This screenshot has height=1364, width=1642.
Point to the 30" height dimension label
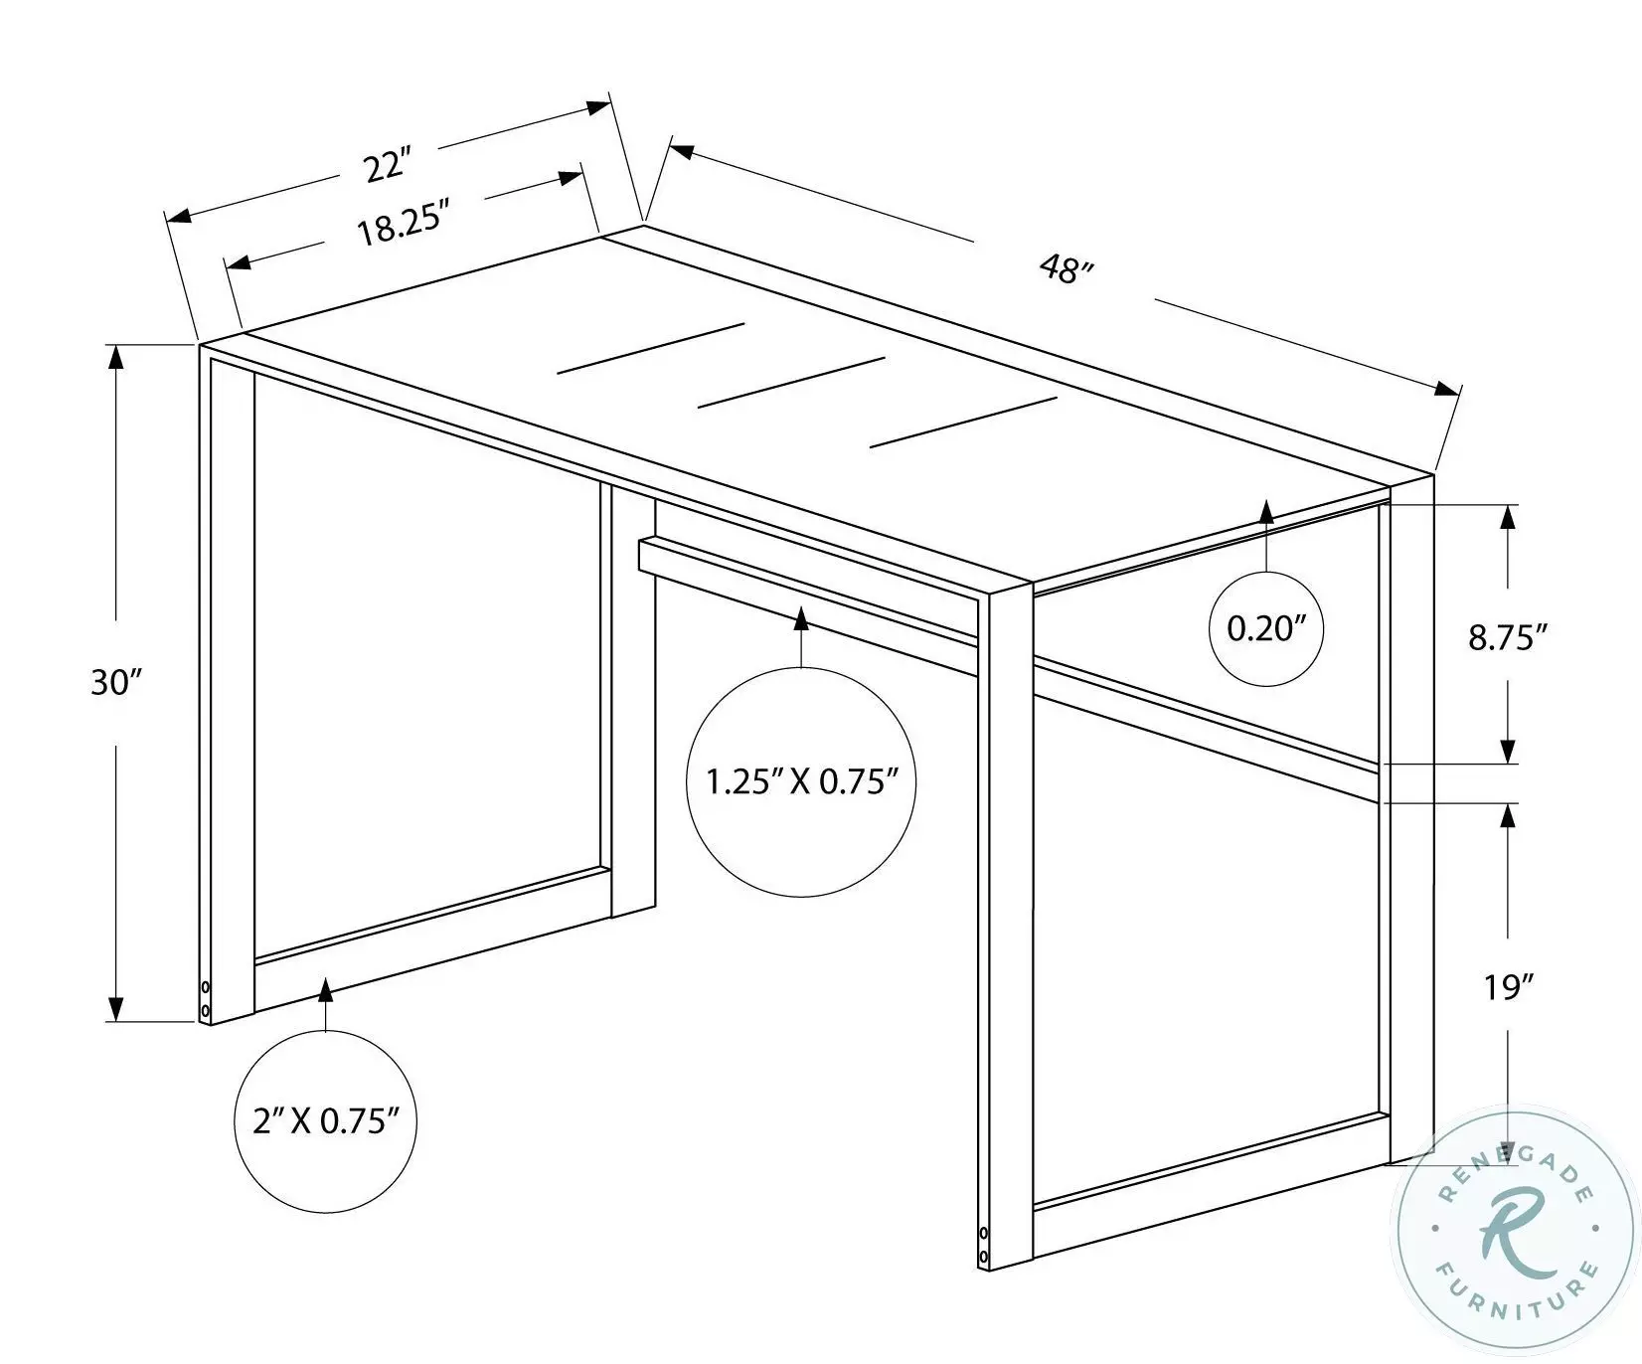point(117,683)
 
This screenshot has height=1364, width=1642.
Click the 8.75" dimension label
point(1508,637)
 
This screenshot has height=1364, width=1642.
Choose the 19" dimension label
point(1508,987)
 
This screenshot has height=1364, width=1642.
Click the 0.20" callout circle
point(1265,628)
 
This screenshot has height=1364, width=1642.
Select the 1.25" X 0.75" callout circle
point(800,782)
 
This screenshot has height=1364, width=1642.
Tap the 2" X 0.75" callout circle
point(326,1121)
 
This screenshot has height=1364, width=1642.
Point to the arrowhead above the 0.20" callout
point(1266,512)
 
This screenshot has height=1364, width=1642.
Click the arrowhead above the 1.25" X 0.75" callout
point(801,618)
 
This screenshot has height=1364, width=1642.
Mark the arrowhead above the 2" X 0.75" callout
point(325,989)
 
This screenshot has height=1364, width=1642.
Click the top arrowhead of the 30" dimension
point(117,356)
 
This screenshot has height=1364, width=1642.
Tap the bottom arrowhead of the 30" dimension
point(117,1009)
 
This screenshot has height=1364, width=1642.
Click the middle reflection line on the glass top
point(791,382)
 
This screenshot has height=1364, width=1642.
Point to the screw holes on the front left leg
point(206,999)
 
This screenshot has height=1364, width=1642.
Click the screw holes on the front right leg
point(984,1245)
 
